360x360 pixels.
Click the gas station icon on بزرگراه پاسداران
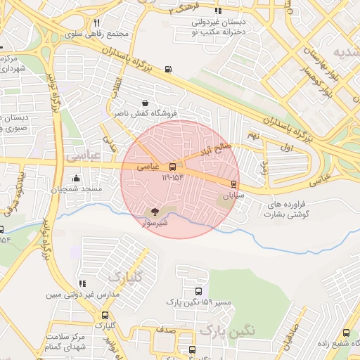167,69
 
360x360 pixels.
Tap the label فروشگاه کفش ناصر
144,112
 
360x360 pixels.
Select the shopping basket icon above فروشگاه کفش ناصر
145,102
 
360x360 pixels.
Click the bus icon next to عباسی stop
173,167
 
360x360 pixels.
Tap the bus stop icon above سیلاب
234,184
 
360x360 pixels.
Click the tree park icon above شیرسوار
155,211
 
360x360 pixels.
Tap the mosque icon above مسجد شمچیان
76,179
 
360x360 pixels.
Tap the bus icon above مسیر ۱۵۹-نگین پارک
198,291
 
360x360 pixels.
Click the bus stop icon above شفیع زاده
346,333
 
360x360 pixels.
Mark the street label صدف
166,330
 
